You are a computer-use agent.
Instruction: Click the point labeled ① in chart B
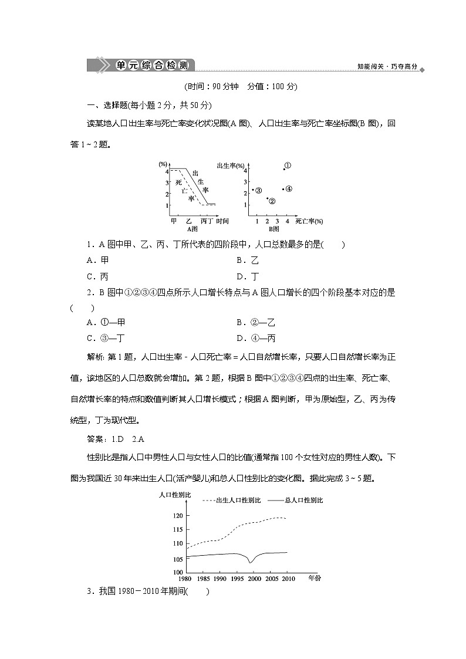[x=285, y=168]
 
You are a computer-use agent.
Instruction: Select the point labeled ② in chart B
[x=267, y=198]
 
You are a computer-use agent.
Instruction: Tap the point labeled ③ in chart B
[x=253, y=190]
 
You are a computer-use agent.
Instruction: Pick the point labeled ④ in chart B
[x=283, y=189]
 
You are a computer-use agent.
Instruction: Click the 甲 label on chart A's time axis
[x=174, y=221]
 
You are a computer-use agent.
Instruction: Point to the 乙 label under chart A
[x=189, y=221]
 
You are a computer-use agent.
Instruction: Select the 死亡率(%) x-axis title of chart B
[x=309, y=221]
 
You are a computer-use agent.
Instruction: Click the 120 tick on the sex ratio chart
[x=178, y=515]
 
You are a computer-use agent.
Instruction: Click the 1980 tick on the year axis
[x=185, y=578]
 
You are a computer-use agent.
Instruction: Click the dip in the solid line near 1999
[x=251, y=562]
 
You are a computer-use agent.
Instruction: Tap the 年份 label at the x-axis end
[x=315, y=578]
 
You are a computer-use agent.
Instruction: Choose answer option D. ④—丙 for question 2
[x=256, y=338]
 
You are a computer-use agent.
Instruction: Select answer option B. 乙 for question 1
[x=247, y=261]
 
